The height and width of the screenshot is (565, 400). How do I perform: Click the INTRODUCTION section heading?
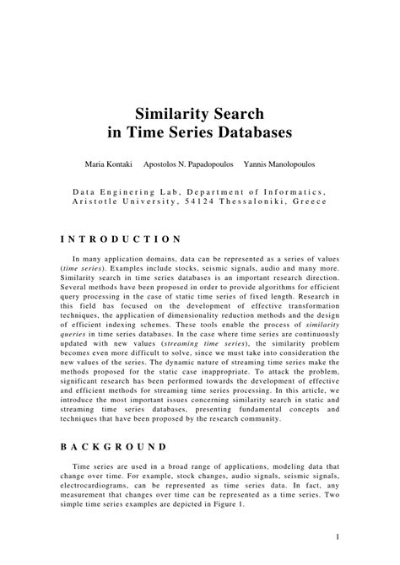(122, 239)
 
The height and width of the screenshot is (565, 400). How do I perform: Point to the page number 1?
(337, 536)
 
